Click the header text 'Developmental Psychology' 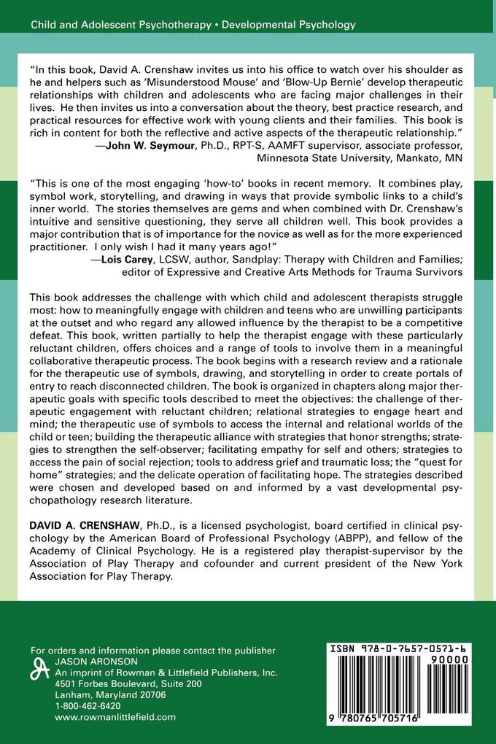coord(289,25)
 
